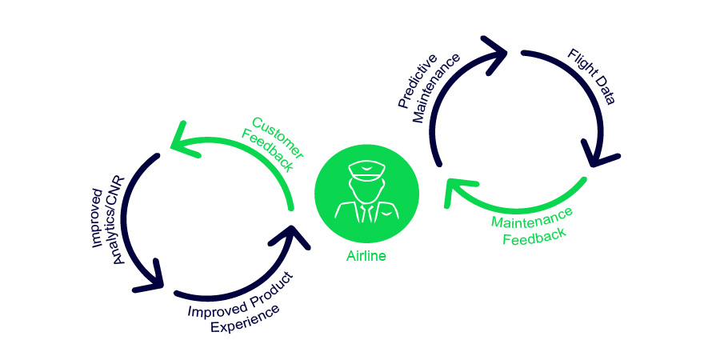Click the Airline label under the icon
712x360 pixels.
(x=366, y=256)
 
